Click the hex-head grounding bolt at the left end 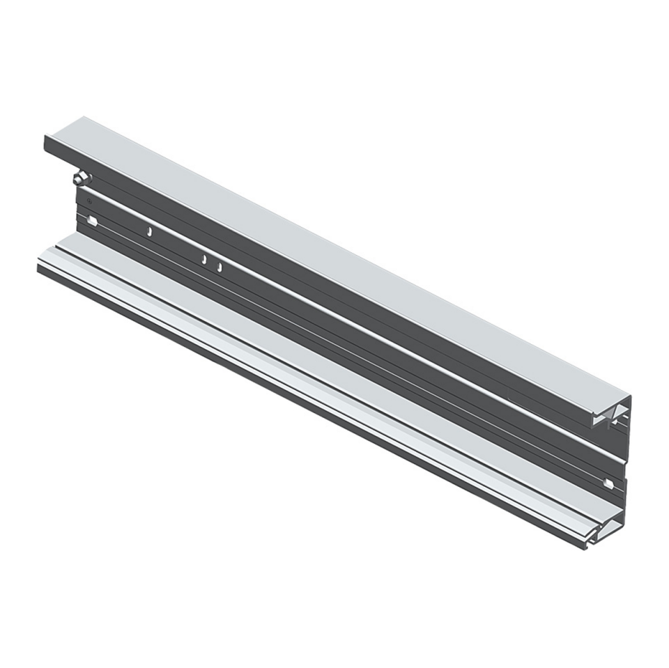[x=82, y=178]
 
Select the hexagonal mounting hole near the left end [x=91, y=222]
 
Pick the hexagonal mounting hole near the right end [x=608, y=483]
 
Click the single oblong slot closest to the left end [x=149, y=231]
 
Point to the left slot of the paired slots [x=204, y=260]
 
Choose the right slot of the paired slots [x=220, y=266]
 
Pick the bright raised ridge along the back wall [x=348, y=327]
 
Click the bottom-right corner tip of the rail [x=587, y=547]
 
